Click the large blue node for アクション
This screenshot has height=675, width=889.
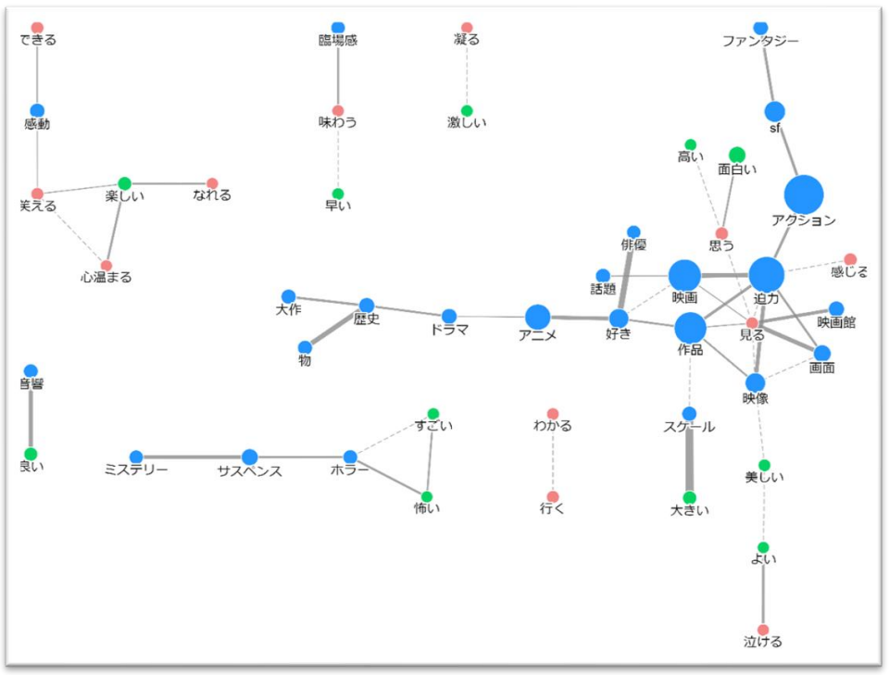point(803,194)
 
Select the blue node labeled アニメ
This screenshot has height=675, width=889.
point(537,317)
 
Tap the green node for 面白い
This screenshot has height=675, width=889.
point(736,155)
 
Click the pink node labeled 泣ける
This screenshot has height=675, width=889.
point(763,630)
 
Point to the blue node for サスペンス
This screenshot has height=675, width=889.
point(249,456)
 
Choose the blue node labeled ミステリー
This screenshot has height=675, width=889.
point(136,456)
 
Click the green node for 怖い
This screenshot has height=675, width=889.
point(426,496)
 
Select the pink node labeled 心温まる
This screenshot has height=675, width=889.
point(106,266)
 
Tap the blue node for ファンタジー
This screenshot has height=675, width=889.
point(760,28)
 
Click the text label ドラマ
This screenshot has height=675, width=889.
point(449,330)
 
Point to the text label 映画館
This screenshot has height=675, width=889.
point(836,322)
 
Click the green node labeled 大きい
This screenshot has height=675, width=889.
point(689,497)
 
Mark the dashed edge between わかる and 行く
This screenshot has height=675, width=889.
point(553,456)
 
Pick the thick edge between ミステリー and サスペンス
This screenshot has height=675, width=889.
point(193,456)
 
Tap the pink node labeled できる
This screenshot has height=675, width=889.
point(37,28)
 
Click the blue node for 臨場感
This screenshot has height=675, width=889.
point(338,28)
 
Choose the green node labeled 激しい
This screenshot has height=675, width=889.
point(467,110)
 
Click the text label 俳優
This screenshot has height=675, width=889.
point(633,245)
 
